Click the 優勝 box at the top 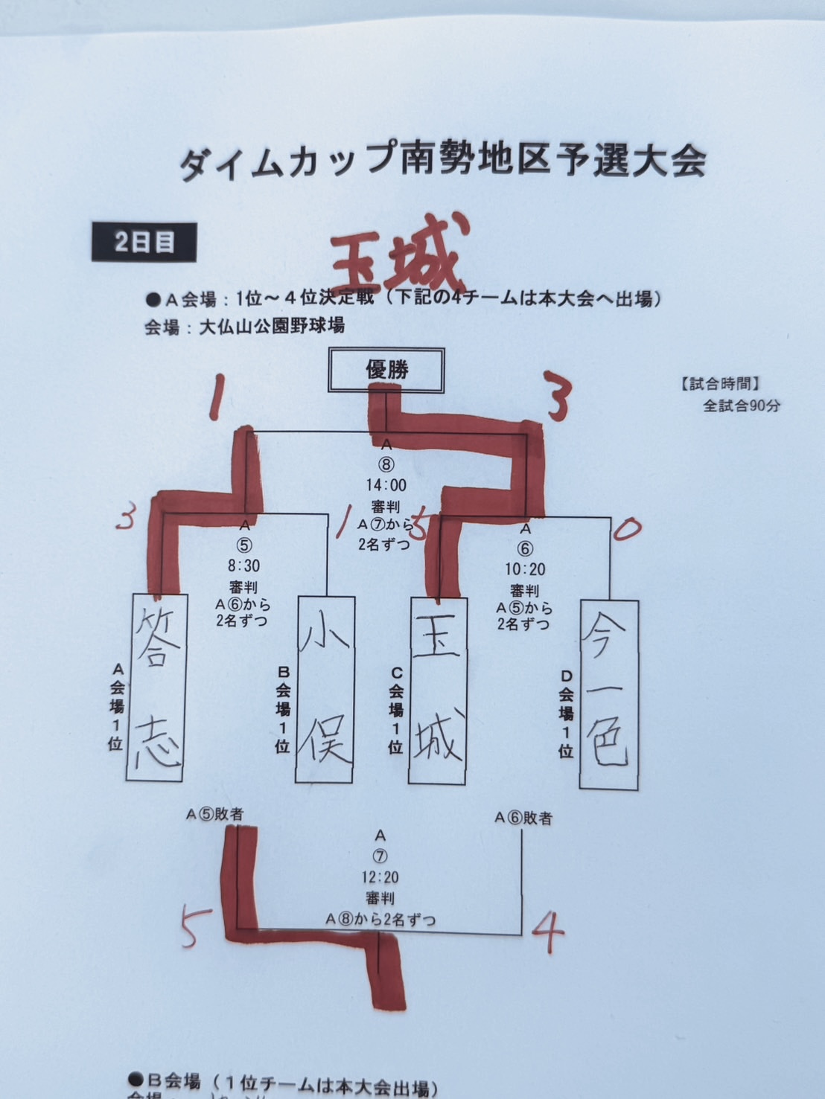point(386,370)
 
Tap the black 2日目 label point(144,242)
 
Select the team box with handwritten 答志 point(156,687)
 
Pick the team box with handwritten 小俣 point(325,688)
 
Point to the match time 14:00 point(386,485)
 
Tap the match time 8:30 point(243,566)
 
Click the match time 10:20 point(525,569)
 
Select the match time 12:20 point(380,877)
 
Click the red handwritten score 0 point(626,529)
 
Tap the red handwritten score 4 point(548,932)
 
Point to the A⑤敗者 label point(214,815)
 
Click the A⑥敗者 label point(523,818)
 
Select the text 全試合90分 point(742,406)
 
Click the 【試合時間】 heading point(719,384)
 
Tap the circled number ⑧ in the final point(386,465)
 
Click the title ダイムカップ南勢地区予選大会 point(442,161)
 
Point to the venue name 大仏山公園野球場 point(272,326)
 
